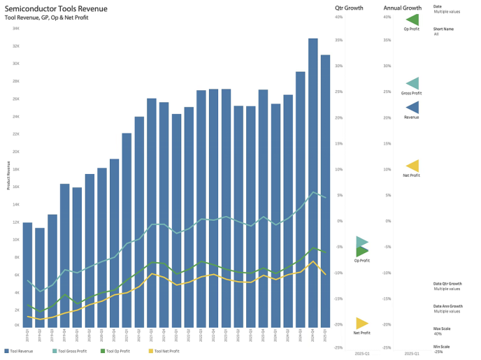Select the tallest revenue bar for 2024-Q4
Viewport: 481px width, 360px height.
pos(313,182)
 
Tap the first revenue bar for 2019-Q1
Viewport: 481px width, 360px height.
pos(27,273)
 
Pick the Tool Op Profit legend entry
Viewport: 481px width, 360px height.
pos(118,350)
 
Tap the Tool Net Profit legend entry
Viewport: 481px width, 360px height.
pos(165,350)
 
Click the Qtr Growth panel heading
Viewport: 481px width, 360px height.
pos(350,8)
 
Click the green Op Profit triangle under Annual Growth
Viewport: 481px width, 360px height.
pos(412,20)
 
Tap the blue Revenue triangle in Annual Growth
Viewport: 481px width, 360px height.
pos(412,107)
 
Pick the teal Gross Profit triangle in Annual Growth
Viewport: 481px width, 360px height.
pos(412,83)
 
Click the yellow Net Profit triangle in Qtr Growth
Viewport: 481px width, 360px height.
pos(361,323)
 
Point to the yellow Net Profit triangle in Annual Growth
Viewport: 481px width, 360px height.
pos(412,166)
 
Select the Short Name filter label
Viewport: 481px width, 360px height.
pos(444,29)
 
